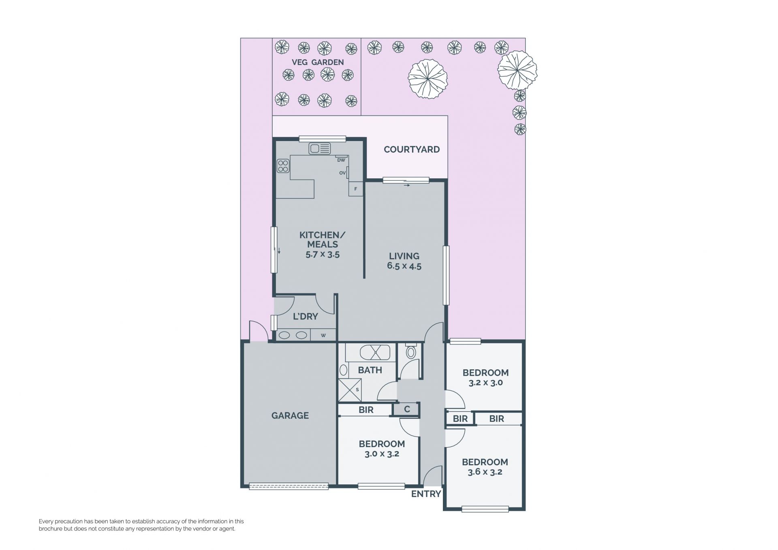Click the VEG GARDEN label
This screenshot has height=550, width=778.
tap(318, 62)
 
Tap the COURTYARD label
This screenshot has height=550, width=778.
tap(412, 150)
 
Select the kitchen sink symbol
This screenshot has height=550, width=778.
tap(320, 149)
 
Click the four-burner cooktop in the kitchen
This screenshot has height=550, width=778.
tap(283, 166)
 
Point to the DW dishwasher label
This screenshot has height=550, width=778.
tap(341, 160)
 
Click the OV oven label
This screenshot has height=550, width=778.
tap(342, 173)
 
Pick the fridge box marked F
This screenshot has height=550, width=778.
tap(356, 189)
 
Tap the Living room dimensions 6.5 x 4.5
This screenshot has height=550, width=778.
tap(404, 266)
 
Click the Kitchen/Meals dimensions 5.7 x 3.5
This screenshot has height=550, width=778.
tap(323, 255)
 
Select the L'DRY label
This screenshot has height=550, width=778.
tap(306, 317)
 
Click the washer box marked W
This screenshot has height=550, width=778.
tap(323, 335)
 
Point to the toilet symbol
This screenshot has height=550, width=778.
tap(411, 351)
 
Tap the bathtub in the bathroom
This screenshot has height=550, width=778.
tap(375, 353)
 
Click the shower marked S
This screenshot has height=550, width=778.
tap(350, 390)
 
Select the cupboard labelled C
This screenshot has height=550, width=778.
tap(406, 409)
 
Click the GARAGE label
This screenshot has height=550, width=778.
tap(290, 415)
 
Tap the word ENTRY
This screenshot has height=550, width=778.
tap(426, 494)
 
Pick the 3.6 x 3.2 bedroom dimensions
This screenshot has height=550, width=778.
tap(485, 472)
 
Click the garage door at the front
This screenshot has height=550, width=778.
tap(289, 486)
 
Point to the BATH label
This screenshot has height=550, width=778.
tap(370, 370)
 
